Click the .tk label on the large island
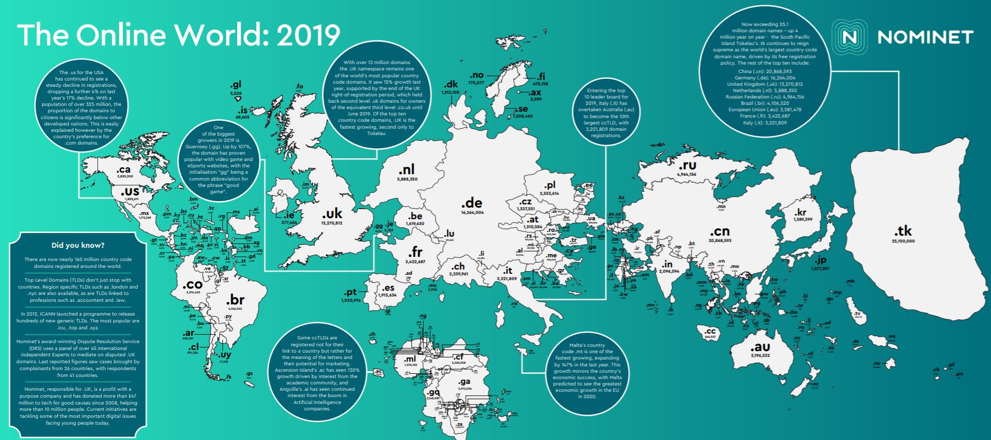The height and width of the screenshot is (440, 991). pos(903,231)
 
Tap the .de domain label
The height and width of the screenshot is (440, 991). pos(471,203)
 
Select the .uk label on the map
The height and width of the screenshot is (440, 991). pos(332,214)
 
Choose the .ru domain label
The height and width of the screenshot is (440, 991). pos(686,165)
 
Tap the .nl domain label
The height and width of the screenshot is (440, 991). pos(407,170)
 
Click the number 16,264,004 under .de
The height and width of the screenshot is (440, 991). pos(472,213)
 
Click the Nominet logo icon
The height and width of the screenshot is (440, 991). pos(849,37)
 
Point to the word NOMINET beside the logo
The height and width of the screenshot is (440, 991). pos(925,37)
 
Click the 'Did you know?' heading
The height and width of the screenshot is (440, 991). pos(78,245)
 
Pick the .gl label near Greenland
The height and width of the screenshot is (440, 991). pos(236,85)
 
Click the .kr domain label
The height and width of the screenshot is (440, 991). pos(804,213)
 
